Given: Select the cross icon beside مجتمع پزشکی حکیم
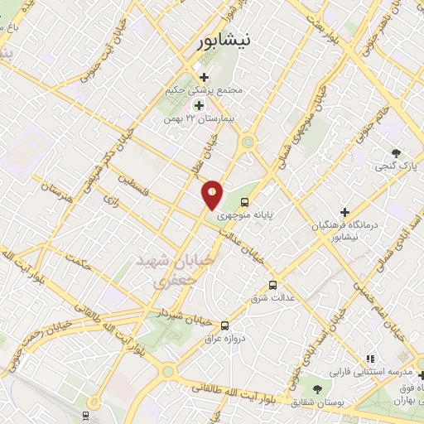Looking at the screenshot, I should click(204, 78).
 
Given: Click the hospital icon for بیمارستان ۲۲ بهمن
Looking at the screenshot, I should click(199, 105).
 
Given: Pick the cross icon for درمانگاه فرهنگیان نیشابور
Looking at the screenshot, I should click(344, 212).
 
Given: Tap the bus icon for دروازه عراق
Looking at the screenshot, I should click(225, 325).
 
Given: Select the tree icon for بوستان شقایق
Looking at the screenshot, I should click(317, 388).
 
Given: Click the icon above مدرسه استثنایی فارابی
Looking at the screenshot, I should click(370, 359).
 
